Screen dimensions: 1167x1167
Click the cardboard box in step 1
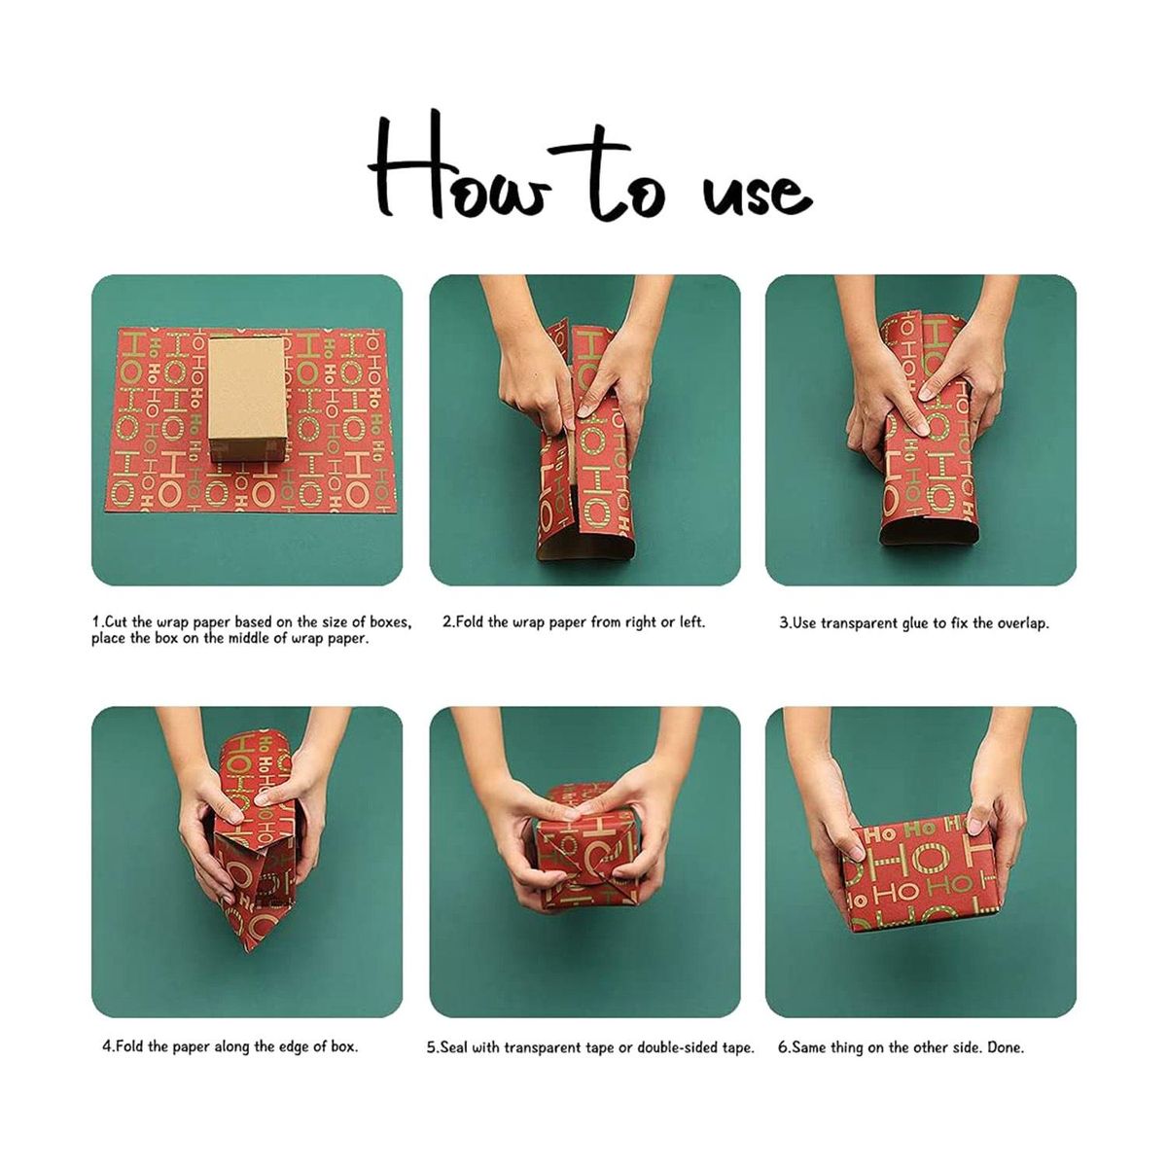(247, 400)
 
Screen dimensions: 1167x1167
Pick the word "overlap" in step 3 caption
(1022, 624)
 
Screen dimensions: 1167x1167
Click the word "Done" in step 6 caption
(1006, 1047)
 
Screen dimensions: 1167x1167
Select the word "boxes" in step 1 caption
(393, 622)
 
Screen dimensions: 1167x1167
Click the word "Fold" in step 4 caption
(129, 1047)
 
